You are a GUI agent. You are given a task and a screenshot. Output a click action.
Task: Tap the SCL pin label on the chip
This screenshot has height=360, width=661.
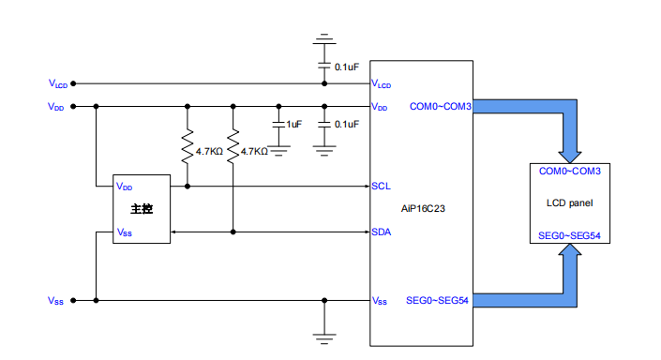pyautogui.click(x=381, y=186)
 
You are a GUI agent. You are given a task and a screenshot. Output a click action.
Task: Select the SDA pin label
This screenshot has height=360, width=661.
pyautogui.click(x=381, y=232)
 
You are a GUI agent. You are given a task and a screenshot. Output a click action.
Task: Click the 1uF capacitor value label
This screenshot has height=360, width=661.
pyautogui.click(x=294, y=125)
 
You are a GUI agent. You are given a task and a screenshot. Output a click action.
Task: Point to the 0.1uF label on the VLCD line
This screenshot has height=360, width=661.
pyautogui.click(x=347, y=67)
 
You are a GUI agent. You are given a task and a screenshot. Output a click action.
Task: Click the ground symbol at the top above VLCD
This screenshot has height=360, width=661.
pyautogui.click(x=324, y=40)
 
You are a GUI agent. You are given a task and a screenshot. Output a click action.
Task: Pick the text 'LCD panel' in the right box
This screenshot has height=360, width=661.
pyautogui.click(x=570, y=202)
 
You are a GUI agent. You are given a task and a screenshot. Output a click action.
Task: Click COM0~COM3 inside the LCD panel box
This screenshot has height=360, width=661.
pyautogui.click(x=569, y=172)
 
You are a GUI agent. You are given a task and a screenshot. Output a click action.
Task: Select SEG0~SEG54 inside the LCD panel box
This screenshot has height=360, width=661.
pyautogui.click(x=569, y=235)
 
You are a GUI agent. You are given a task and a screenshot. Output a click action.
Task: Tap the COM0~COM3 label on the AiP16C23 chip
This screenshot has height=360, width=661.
pyautogui.click(x=440, y=107)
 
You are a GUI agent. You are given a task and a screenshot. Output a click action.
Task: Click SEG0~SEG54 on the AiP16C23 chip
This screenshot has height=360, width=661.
pyautogui.click(x=437, y=301)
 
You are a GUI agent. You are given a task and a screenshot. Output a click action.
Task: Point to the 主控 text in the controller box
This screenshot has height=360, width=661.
pyautogui.click(x=142, y=209)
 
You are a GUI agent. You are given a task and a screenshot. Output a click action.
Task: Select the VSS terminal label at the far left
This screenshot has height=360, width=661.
pyautogui.click(x=56, y=301)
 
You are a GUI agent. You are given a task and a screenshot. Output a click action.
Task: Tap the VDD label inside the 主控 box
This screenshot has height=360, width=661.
pyautogui.click(x=124, y=187)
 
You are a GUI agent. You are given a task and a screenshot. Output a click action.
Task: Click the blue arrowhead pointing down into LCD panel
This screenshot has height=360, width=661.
pyautogui.click(x=570, y=152)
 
